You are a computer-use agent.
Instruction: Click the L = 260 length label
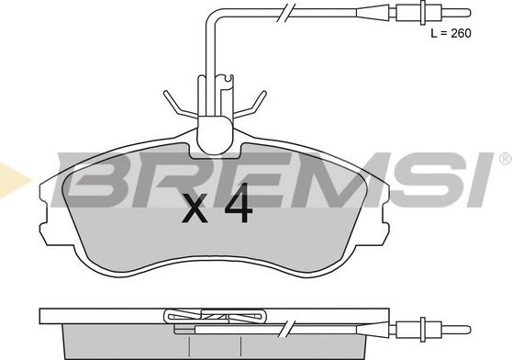(451, 33)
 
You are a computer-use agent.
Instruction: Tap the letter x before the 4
(195, 208)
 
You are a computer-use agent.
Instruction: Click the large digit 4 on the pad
(239, 203)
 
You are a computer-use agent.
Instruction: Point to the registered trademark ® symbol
(506, 159)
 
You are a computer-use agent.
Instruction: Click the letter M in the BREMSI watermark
(329, 180)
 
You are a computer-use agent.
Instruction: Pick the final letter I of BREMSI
(480, 180)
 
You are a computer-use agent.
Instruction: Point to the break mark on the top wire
(285, 13)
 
